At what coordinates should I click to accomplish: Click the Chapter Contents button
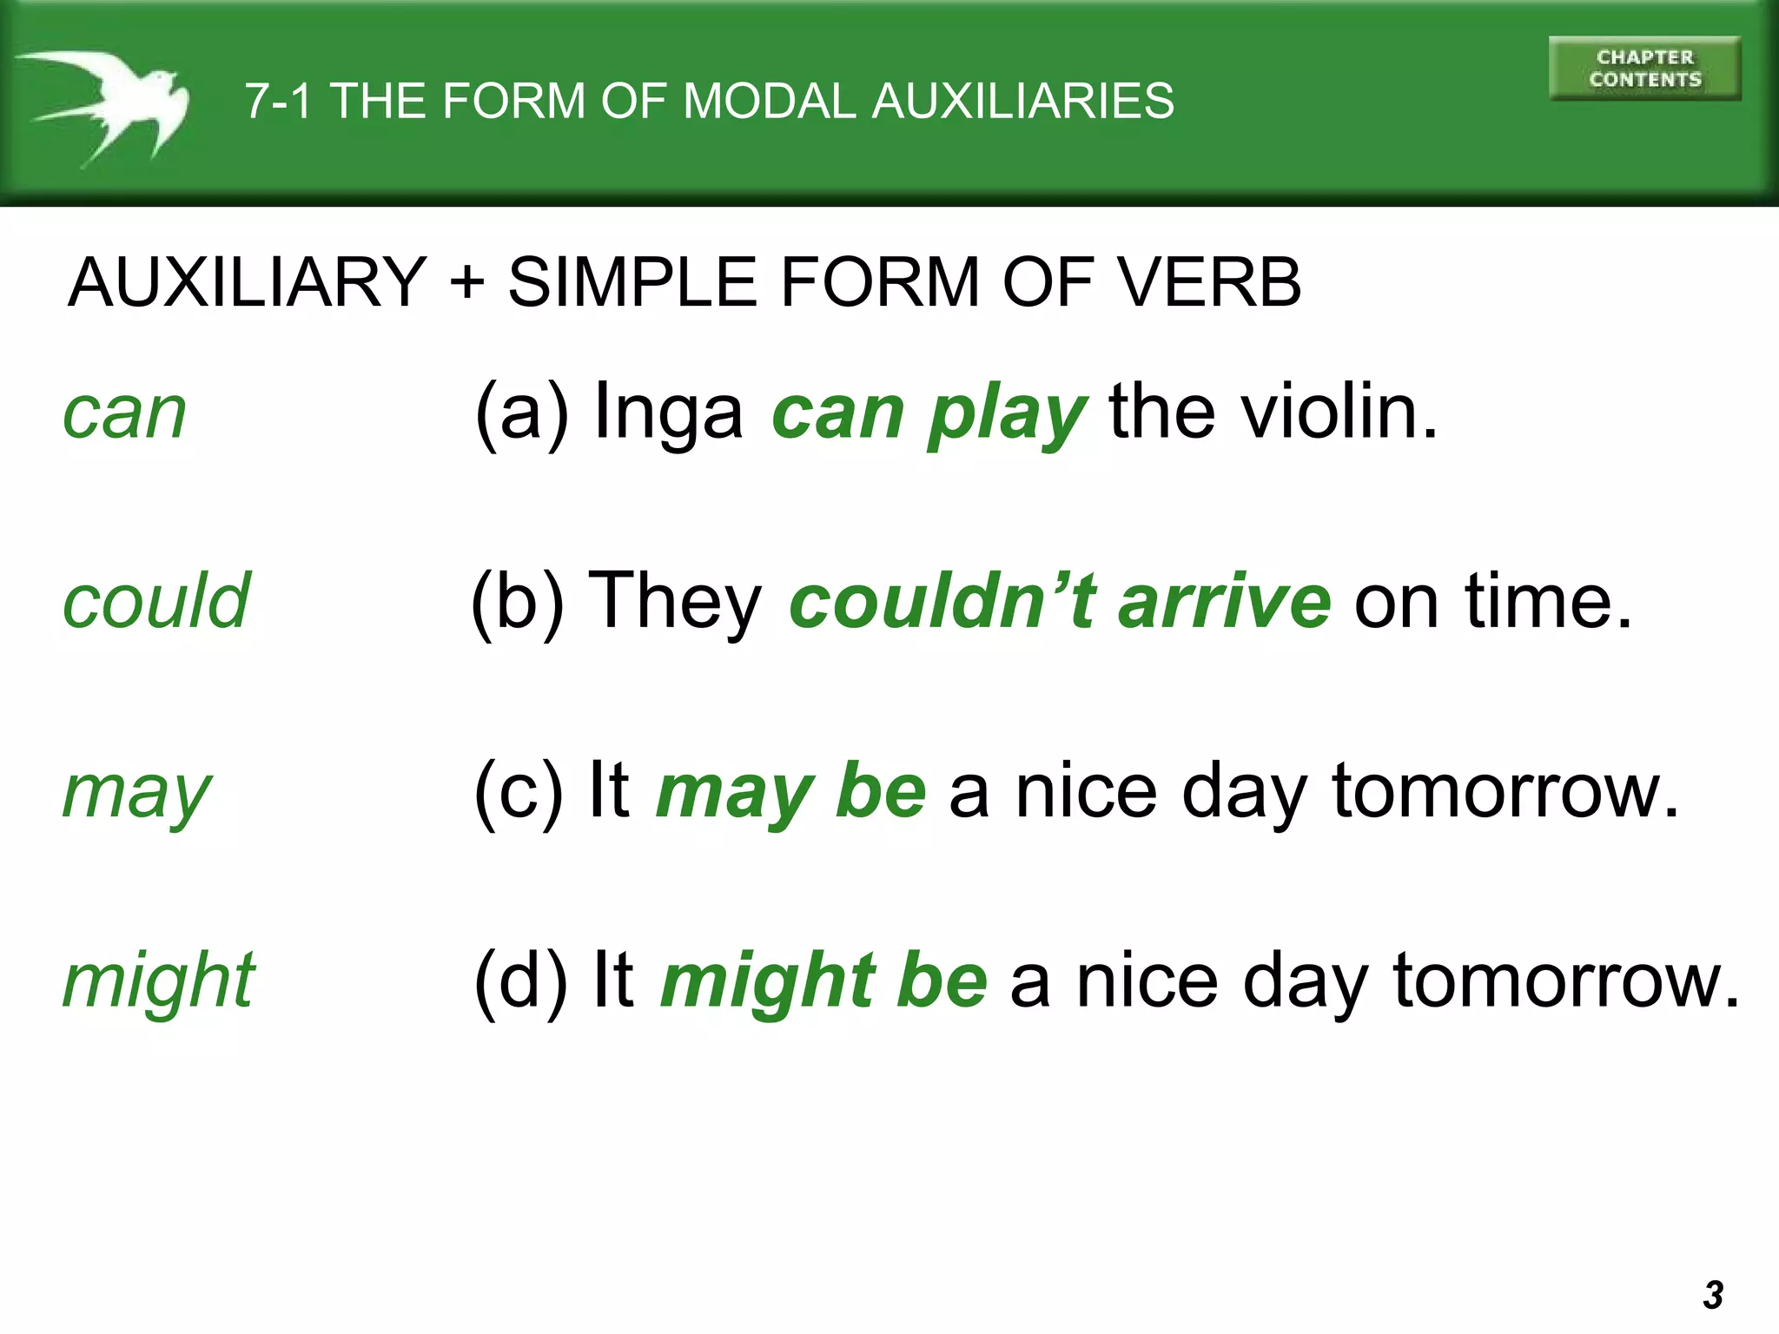[1644, 69]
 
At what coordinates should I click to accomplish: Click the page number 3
[1713, 1295]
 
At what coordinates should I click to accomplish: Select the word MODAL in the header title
[770, 101]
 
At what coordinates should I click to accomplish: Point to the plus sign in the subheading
[467, 281]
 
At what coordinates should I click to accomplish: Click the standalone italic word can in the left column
[125, 413]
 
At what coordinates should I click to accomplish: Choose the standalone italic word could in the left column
[156, 601]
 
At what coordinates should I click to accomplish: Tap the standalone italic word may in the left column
[137, 793]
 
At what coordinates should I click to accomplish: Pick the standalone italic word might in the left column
[159, 982]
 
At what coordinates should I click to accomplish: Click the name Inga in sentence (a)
[667, 413]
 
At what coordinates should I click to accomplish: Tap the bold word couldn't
[943, 601]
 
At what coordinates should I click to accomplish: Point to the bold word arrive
[1225, 601]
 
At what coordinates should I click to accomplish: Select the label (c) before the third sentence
[519, 791]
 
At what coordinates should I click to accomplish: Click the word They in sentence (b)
[675, 601]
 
